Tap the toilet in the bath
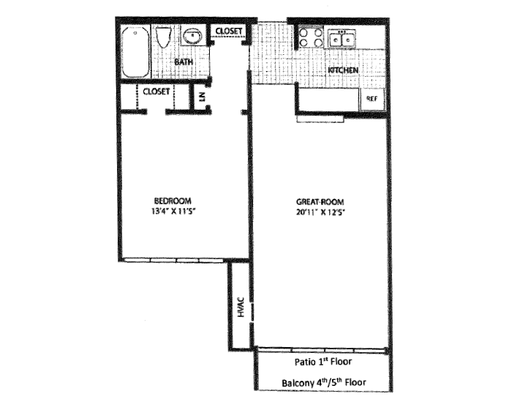(164, 37)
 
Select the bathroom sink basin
(192, 35)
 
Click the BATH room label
(184, 62)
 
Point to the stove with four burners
(311, 38)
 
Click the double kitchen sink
(342, 38)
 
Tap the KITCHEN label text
(342, 70)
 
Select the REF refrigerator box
(372, 98)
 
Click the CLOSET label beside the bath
(230, 31)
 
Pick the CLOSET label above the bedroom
(157, 92)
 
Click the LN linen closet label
(202, 95)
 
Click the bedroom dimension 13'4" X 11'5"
(173, 212)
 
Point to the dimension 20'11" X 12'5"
(320, 212)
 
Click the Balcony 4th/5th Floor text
(323, 383)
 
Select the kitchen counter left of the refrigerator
(328, 98)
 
